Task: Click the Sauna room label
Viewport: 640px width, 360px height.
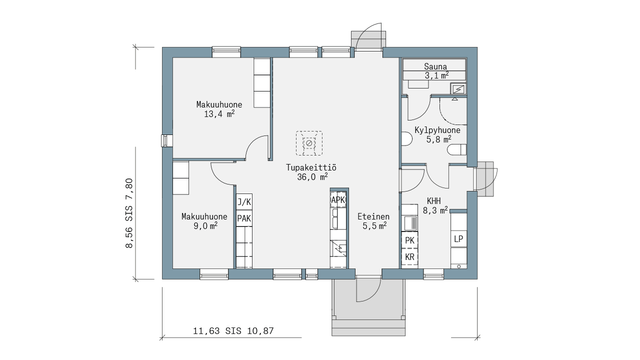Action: tap(435, 66)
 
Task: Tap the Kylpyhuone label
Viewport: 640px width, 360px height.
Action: tap(437, 130)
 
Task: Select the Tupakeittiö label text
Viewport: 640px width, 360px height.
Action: tap(311, 167)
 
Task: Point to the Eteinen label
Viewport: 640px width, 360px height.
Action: tap(373, 216)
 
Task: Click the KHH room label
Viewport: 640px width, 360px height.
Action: tap(433, 200)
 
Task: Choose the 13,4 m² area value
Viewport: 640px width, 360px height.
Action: tap(219, 114)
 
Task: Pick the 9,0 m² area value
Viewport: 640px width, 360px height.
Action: tap(205, 226)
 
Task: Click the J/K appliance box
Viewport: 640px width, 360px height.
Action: tap(244, 202)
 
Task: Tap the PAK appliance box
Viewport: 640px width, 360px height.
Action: tap(244, 218)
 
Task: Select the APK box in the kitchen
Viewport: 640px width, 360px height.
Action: tap(338, 200)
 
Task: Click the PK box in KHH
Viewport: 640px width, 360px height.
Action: tap(409, 240)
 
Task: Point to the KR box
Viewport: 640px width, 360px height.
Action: tap(409, 257)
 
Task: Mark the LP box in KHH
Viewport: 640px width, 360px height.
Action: tap(458, 238)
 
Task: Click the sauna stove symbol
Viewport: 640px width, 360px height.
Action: tap(458, 88)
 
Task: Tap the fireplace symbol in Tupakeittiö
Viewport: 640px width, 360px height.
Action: tap(309, 143)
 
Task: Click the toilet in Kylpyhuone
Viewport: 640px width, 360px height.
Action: tap(456, 149)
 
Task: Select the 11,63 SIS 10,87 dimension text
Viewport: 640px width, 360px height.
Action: tap(233, 331)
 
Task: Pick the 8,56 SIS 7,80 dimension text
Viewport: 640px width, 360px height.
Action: tap(129, 213)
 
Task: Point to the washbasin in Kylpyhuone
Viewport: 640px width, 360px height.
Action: tap(407, 139)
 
